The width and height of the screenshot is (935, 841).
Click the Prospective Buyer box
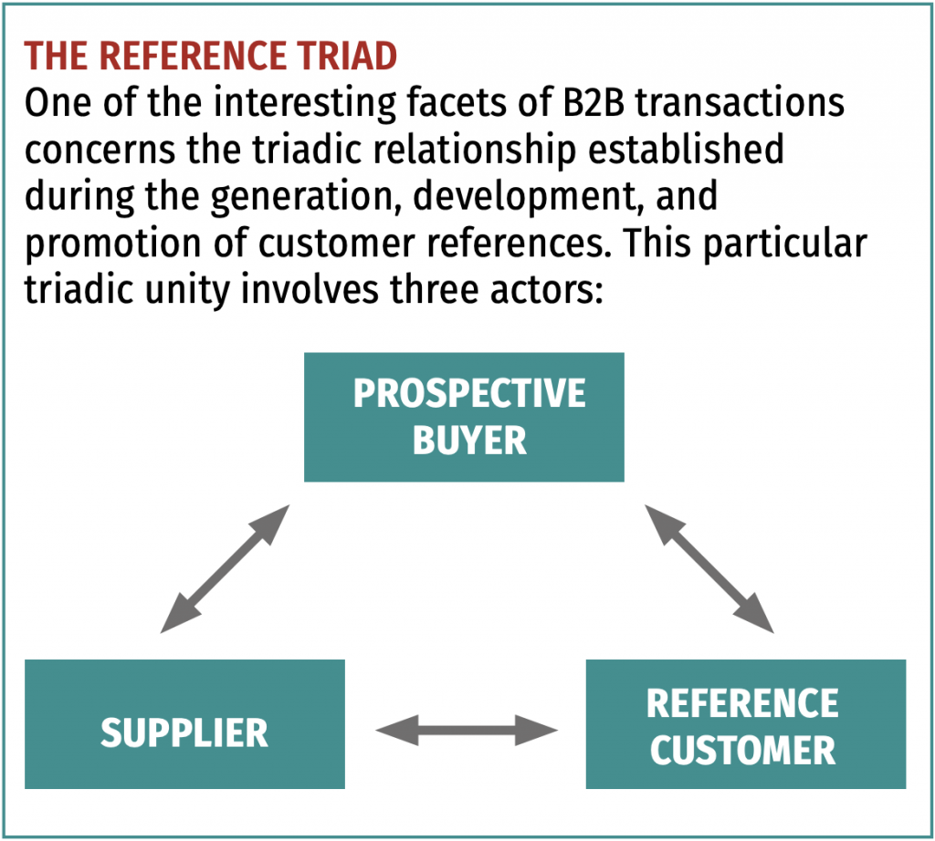coord(464,418)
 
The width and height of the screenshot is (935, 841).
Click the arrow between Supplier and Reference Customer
coord(466,730)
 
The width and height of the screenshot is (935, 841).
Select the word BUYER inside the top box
coord(469,441)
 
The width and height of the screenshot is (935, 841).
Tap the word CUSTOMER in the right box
coord(742,750)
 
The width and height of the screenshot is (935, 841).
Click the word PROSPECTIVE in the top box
coord(469,394)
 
